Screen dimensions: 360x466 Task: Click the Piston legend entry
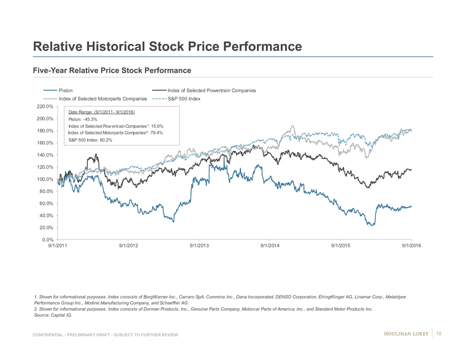[66, 91]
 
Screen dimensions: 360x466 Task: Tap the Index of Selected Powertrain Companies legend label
[211, 91]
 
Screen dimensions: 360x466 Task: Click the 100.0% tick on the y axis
[42, 179]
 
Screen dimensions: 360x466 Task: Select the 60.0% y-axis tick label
[43, 203]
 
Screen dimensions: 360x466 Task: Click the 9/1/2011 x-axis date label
[58, 246]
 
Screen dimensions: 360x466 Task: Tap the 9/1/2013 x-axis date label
[199, 246]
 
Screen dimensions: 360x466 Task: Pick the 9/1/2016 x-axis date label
[411, 246]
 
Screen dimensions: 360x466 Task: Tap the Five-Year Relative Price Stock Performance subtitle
[112, 70]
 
